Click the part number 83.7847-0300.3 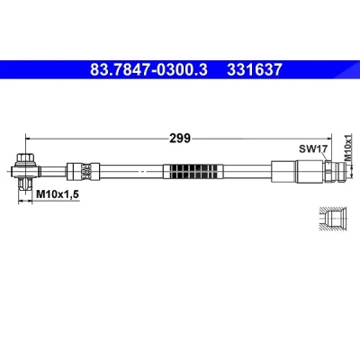click(148, 69)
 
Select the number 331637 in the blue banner click(255, 69)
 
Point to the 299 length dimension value click(180, 139)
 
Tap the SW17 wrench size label click(312, 148)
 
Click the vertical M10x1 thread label click(347, 148)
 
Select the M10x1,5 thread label click(58, 194)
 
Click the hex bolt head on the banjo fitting click(25, 157)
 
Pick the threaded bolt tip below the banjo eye click(25, 184)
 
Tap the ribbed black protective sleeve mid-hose click(193, 172)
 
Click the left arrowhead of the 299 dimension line click(29, 139)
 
